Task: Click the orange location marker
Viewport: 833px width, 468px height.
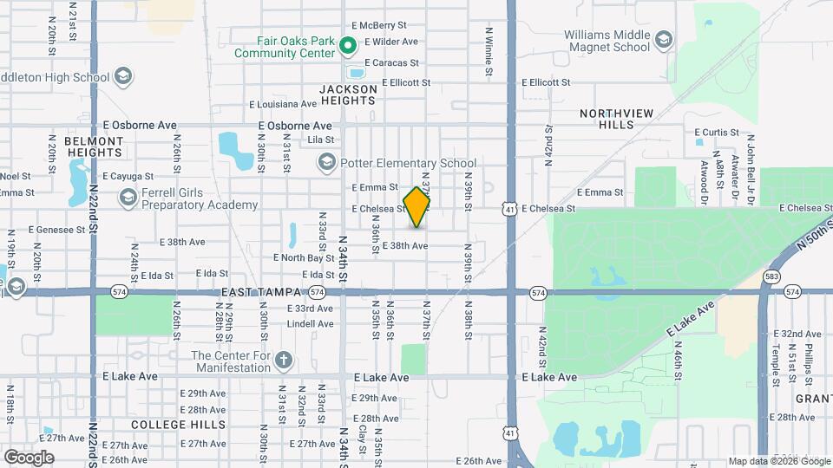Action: (417, 207)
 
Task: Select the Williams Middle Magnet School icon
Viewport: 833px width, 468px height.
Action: (664, 41)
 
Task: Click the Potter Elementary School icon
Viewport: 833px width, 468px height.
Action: (327, 162)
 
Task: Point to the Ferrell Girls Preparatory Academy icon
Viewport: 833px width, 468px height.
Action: (128, 198)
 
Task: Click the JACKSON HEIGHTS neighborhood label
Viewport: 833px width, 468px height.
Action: (348, 94)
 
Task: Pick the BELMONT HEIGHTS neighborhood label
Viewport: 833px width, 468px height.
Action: (94, 146)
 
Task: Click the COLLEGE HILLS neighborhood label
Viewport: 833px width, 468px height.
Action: (179, 425)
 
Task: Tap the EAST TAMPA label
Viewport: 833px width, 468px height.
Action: (260, 294)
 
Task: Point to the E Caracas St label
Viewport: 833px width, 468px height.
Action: (391, 63)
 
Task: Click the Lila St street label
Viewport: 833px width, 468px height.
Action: (321, 139)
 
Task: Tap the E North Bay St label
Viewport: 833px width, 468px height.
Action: (304, 257)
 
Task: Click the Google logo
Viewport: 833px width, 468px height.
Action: (29, 457)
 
